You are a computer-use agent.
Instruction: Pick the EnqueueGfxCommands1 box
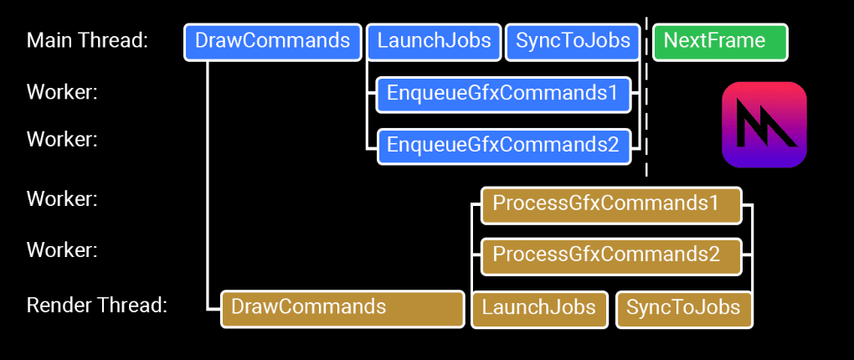click(x=502, y=94)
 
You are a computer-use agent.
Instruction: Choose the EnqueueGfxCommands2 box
click(x=503, y=146)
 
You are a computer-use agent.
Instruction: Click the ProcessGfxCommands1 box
click(x=611, y=204)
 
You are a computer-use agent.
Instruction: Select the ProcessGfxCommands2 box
click(x=611, y=256)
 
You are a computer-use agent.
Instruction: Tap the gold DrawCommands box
click(x=342, y=308)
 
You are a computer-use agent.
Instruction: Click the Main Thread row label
click(x=87, y=40)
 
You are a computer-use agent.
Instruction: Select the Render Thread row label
click(x=97, y=306)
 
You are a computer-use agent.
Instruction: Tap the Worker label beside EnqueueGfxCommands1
click(x=62, y=91)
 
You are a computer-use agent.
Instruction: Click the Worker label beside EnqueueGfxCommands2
click(x=62, y=139)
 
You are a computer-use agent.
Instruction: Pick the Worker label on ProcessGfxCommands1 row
click(x=62, y=199)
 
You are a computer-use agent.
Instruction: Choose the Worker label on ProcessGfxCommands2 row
click(x=62, y=249)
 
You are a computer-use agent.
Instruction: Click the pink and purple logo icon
click(x=764, y=124)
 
